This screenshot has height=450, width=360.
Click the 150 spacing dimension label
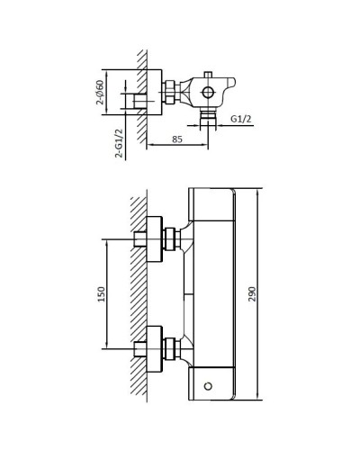[102, 293]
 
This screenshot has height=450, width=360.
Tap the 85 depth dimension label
[176, 139]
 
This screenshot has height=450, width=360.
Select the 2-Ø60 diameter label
[100, 92]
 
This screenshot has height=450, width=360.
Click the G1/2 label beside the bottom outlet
[240, 119]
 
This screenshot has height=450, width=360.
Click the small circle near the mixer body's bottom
[209, 385]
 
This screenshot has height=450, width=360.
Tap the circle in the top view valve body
[208, 92]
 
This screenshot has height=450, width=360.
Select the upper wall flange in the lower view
[154, 238]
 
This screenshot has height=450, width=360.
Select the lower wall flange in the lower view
[154, 348]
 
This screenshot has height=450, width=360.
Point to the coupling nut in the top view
[168, 92]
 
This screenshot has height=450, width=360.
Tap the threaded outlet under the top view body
[208, 115]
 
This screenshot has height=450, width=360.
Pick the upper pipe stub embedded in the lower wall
[139, 238]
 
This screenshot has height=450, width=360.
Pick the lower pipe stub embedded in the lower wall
[139, 348]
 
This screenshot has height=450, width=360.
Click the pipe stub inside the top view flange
[140, 103]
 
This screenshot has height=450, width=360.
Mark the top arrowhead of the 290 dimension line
[258, 191]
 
